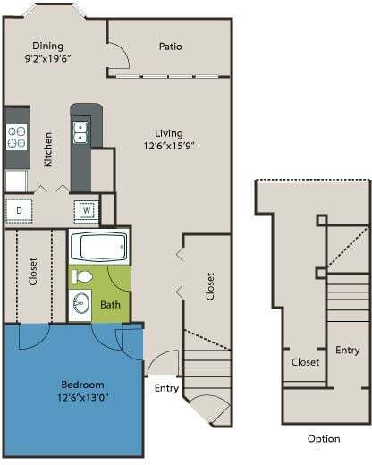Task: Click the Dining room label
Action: pos(46,46)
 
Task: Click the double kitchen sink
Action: pos(80,132)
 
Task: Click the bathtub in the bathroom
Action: pos(98,246)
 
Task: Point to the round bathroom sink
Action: pos(81,303)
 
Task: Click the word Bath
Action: pos(111,305)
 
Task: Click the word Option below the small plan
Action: pos(323,439)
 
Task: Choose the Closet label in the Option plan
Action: pos(306,362)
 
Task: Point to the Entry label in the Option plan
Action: pos(347,350)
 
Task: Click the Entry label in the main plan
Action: pos(167,388)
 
